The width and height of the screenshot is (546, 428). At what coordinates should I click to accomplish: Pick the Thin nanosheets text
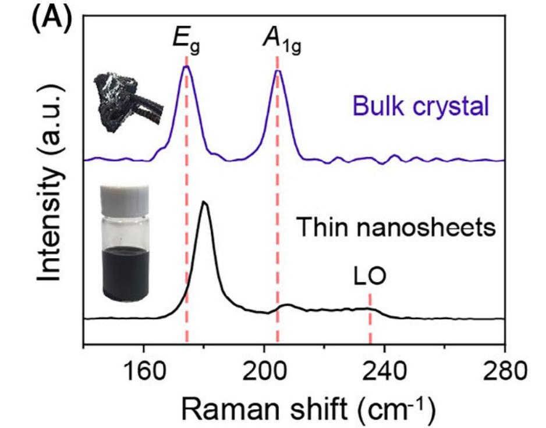click(396, 227)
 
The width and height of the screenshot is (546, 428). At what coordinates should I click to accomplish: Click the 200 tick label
click(264, 369)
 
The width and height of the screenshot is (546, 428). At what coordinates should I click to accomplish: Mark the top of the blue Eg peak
click(186, 66)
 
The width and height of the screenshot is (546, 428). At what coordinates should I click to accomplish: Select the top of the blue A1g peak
click(278, 71)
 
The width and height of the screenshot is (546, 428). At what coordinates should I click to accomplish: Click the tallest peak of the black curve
click(204, 202)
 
